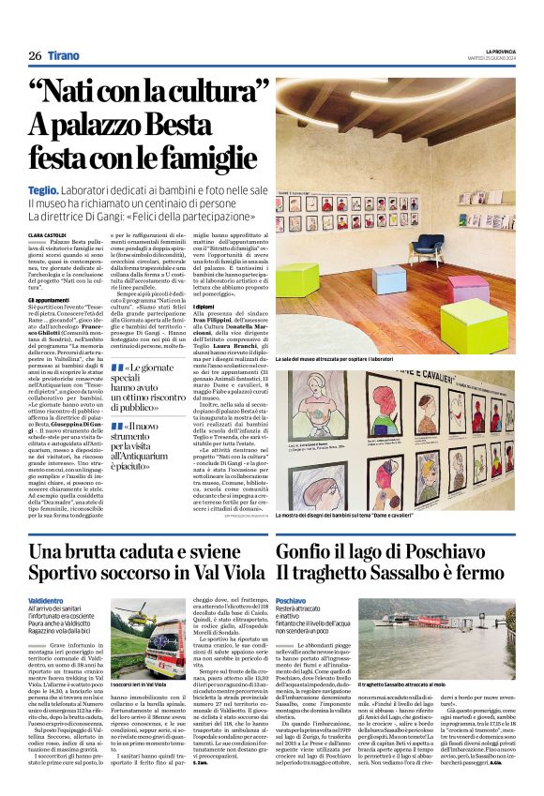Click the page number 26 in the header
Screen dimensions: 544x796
34,54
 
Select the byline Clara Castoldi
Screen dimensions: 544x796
46,234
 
